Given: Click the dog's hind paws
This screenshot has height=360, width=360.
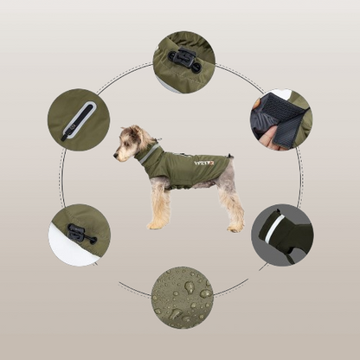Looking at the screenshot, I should [x=234, y=227].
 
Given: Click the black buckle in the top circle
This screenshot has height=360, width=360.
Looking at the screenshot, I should [x=184, y=60].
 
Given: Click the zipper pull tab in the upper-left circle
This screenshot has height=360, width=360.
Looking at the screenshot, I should [x=67, y=134].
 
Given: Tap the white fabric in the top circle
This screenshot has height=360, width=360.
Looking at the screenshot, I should [x=165, y=81].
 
